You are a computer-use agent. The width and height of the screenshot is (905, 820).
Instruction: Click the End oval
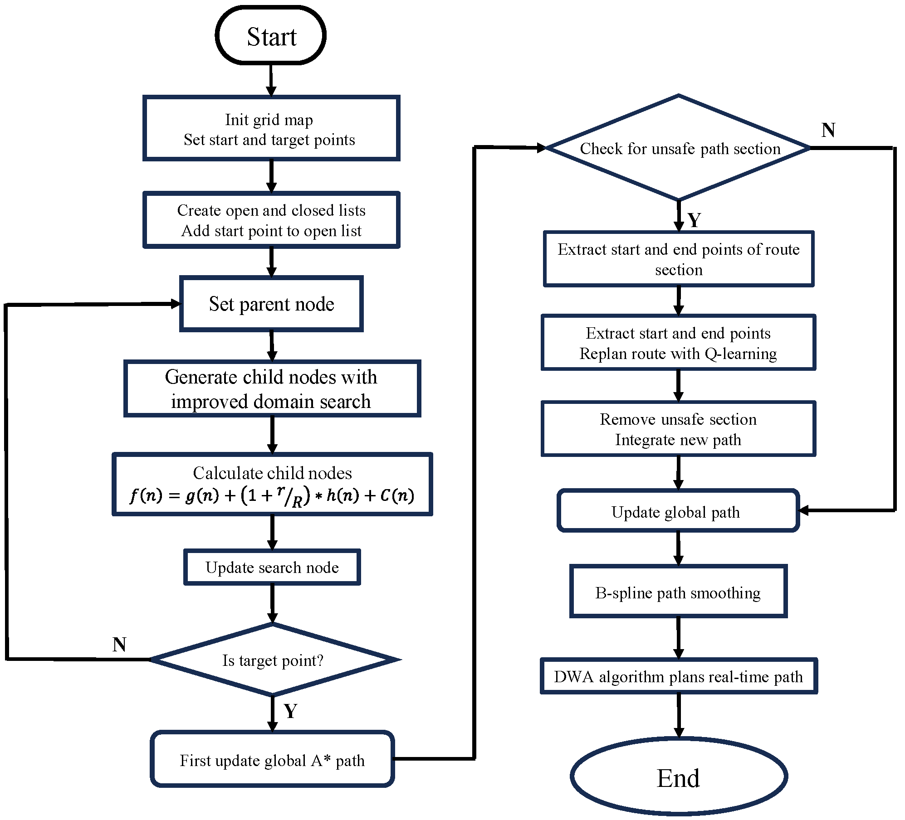pos(678,778)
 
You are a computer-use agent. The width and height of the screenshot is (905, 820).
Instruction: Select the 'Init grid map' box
pos(271,129)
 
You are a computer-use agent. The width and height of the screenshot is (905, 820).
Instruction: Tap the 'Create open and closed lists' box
pos(271,220)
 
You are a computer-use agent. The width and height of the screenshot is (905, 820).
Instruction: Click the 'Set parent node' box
pos(271,304)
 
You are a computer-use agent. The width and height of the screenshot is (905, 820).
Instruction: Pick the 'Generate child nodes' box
pos(272,389)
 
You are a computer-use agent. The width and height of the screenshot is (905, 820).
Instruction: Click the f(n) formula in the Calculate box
pos(272,495)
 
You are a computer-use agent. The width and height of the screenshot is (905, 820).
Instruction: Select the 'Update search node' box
pos(272,567)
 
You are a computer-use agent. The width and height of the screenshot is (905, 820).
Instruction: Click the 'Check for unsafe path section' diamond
pos(679,148)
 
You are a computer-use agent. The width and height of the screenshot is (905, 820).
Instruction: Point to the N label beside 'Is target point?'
pos(119,644)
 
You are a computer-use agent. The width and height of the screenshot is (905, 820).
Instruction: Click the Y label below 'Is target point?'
pos(290,711)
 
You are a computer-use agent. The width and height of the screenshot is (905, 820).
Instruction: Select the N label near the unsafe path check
pos(828,130)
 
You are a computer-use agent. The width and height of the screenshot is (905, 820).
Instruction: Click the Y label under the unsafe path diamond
pos(694,220)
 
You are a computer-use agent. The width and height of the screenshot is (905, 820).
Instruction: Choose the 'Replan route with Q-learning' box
pos(678,343)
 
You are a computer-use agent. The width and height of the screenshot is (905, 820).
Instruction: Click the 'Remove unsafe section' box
pos(678,429)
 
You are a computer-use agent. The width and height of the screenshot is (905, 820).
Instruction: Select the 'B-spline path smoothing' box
pos(678,592)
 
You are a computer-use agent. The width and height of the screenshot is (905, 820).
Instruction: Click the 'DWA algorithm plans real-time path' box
pos(678,676)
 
